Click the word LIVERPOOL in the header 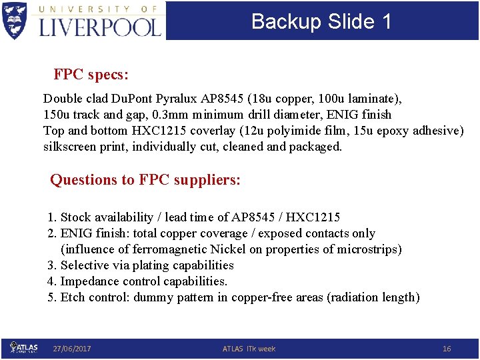click(100, 26)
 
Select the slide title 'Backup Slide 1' click(321, 21)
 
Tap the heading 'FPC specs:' click(91, 74)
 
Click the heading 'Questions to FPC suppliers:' click(145, 179)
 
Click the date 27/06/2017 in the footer click(72, 349)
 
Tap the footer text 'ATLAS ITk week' click(249, 349)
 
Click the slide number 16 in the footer click(447, 349)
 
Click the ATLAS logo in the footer click(24, 348)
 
